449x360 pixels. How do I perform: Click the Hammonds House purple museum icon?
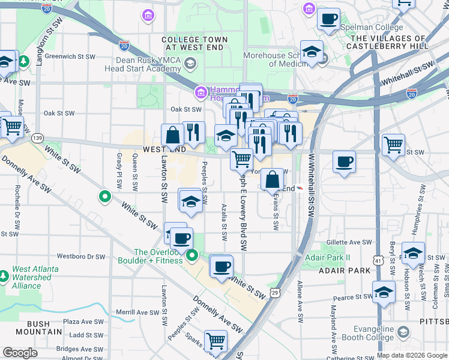click(x=200, y=93)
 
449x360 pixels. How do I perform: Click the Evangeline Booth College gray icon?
click(x=403, y=332)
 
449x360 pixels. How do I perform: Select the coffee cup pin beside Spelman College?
click(x=328, y=20)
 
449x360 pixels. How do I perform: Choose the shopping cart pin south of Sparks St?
click(x=215, y=341)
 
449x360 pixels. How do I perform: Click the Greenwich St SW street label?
click(x=70, y=57)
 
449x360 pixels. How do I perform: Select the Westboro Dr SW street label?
click(x=80, y=256)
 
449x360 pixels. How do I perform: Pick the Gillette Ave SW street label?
click(x=350, y=242)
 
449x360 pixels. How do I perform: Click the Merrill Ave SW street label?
click(x=138, y=312)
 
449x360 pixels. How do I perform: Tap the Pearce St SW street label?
click(x=354, y=298)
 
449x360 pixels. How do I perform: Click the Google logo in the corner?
click(x=20, y=353)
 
